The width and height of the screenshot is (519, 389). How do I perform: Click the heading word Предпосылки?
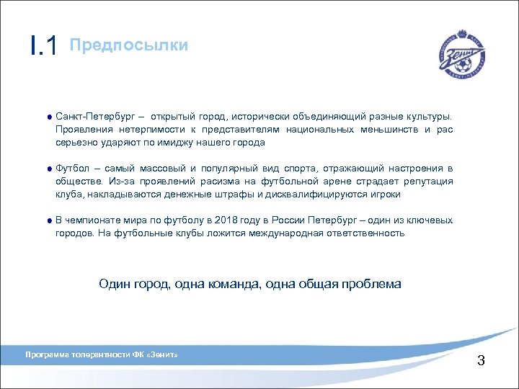[x=129, y=45]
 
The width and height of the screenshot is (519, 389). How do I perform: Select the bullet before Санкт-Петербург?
[x=48, y=117]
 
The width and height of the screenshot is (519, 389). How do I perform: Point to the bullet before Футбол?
[x=48, y=169]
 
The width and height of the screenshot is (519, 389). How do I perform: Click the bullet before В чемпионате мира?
[x=48, y=220]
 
